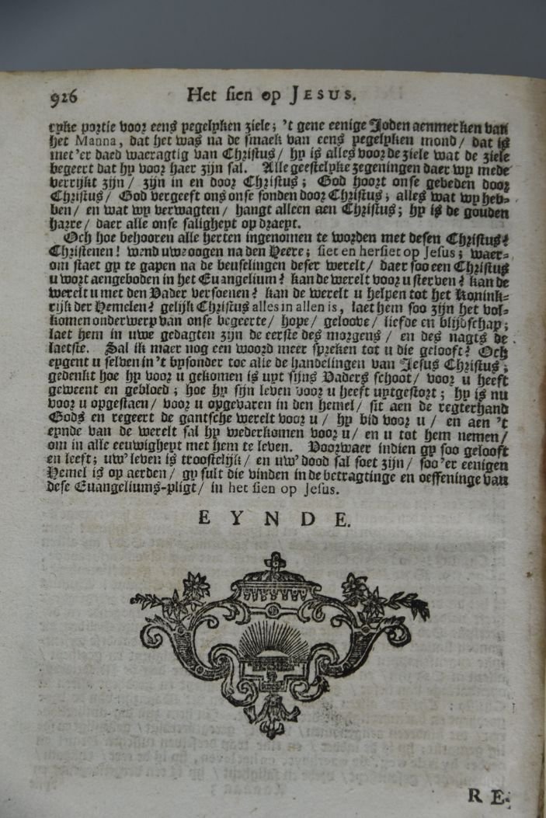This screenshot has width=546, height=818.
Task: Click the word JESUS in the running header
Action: [319, 96]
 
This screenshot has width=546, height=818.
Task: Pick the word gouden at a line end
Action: [488, 211]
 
